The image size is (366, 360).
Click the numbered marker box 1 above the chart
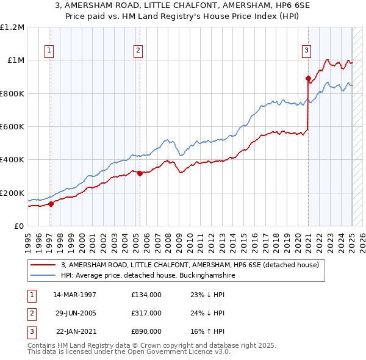48,51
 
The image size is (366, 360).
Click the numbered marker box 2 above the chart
138,51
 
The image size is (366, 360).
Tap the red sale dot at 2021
309,78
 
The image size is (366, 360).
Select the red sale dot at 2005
140,173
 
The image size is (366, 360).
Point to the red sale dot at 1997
51,204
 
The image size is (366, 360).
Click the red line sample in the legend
44,265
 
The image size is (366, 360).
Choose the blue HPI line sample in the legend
44,276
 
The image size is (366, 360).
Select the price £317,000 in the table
146,313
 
